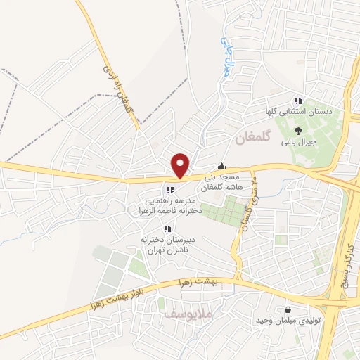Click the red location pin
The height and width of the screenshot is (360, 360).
(181, 165)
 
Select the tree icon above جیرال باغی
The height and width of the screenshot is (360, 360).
(298, 130)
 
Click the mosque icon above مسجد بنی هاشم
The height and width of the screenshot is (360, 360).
(222, 167)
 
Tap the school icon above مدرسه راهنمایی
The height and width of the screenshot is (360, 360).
(169, 190)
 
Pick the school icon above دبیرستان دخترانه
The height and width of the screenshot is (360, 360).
(167, 228)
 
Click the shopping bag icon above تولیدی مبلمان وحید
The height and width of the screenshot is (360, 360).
(288, 310)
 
